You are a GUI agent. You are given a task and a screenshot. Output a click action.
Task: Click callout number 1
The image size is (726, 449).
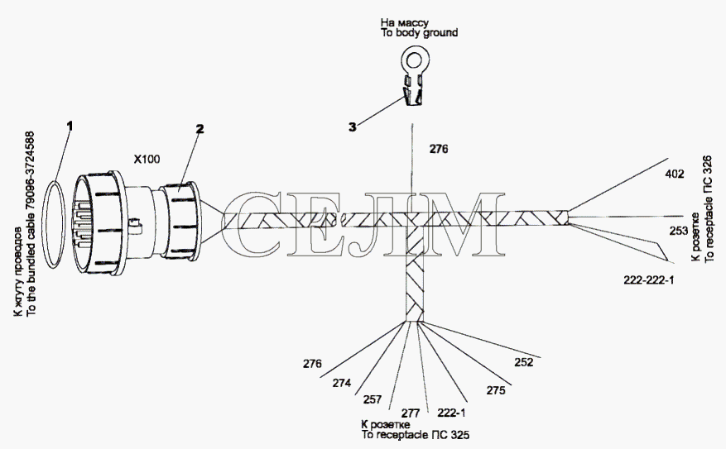point(70,126)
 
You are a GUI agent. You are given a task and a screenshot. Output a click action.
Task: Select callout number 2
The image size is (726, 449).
point(200,129)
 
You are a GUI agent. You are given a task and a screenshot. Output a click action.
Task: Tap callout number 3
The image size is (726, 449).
point(353,127)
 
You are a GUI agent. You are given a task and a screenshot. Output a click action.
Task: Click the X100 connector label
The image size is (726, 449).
point(147,160)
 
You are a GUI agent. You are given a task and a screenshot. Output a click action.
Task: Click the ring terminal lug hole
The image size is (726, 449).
point(416,60)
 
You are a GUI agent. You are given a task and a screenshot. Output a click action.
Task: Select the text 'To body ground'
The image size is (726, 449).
point(420,33)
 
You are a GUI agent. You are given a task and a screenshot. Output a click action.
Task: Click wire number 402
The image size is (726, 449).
point(674,174)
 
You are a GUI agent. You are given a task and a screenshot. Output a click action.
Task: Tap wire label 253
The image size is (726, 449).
point(678,231)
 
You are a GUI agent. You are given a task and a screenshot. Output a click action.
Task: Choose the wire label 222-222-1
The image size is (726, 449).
point(649,280)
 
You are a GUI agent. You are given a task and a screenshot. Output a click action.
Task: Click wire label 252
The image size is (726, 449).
point(524,362)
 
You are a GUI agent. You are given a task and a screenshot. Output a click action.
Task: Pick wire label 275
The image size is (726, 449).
point(495,391)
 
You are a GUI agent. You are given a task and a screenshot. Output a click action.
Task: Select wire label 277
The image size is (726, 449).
point(411,413)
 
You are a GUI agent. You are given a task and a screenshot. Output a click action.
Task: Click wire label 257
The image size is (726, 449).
point(373,399)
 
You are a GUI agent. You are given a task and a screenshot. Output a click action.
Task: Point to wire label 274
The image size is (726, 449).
point(341,383)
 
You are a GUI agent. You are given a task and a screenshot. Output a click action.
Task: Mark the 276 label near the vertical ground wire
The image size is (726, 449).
point(439,149)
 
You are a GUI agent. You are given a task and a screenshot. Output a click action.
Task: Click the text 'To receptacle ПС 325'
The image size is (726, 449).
point(416,435)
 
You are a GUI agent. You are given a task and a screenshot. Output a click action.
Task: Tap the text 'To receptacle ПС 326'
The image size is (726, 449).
point(709,209)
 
